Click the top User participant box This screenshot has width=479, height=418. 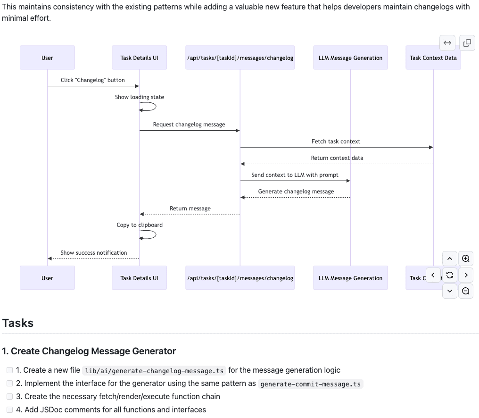[47, 58]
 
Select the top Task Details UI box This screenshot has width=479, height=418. [139, 58]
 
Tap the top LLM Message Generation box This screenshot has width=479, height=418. [350, 58]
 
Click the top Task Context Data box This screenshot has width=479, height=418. [433, 58]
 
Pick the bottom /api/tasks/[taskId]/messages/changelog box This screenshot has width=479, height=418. [240, 278]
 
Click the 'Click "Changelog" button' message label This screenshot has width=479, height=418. [92, 80]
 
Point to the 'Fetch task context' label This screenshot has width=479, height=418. [336, 142]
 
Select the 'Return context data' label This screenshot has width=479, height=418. [337, 158]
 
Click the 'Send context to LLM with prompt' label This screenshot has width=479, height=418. [295, 175]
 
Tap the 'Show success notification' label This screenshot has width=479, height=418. [93, 253]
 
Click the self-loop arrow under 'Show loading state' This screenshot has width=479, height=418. [150, 107]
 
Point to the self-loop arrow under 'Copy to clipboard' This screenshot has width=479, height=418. [150, 234]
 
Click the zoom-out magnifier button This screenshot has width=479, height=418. [466, 291]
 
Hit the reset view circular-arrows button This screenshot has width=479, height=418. [450, 275]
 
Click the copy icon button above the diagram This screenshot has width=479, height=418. [467, 43]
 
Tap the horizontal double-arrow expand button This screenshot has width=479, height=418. [447, 43]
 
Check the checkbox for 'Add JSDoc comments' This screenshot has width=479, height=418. [9, 410]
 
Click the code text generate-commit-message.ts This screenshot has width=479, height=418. [310, 384]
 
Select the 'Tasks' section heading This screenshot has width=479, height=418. [18, 323]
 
